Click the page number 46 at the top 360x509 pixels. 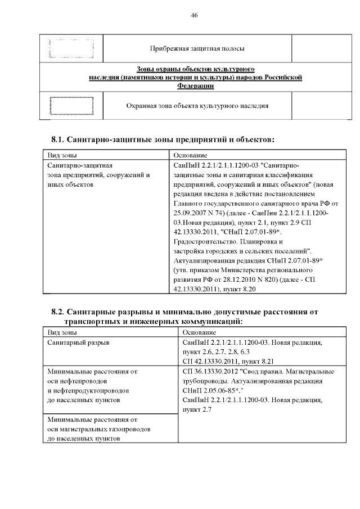[x=194, y=15]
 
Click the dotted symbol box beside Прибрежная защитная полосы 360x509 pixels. [x=71, y=49]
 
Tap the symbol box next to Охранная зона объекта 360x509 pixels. [x=71, y=106]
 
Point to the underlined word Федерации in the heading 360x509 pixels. [x=195, y=86]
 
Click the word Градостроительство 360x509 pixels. [x=205, y=242]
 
